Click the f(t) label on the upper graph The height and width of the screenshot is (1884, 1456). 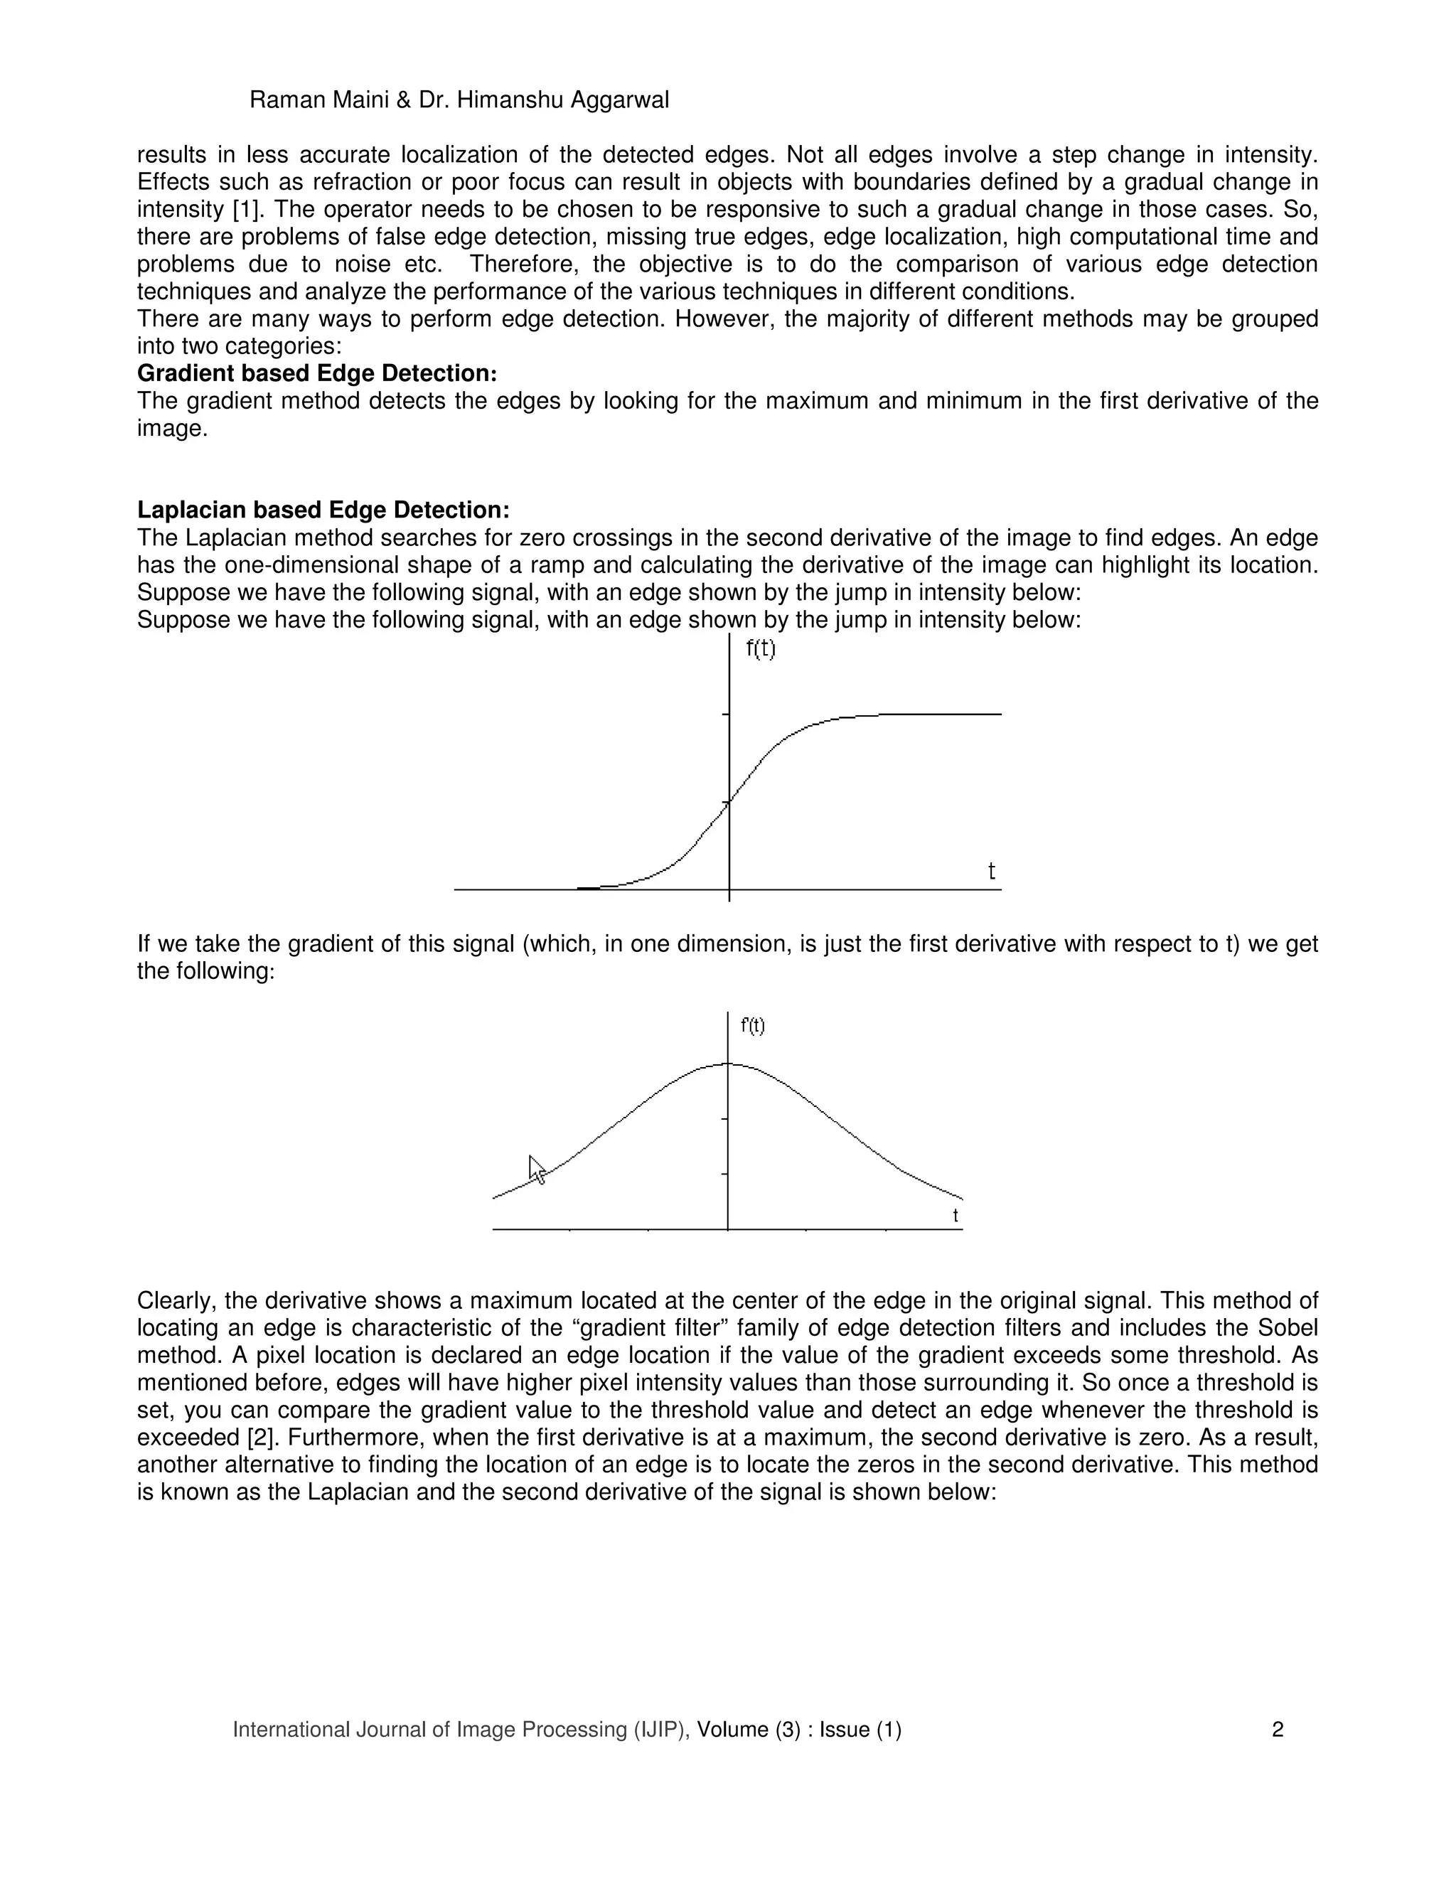[760, 648]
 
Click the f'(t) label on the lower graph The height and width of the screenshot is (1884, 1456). [752, 1026]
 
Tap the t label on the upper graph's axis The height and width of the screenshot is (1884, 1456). [991, 872]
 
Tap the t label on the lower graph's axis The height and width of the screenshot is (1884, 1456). [955, 1216]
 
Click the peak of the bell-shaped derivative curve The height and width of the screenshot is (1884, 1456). [729, 1064]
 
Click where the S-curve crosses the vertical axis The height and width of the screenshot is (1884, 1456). [729, 802]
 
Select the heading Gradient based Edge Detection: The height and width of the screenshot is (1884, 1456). [317, 373]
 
